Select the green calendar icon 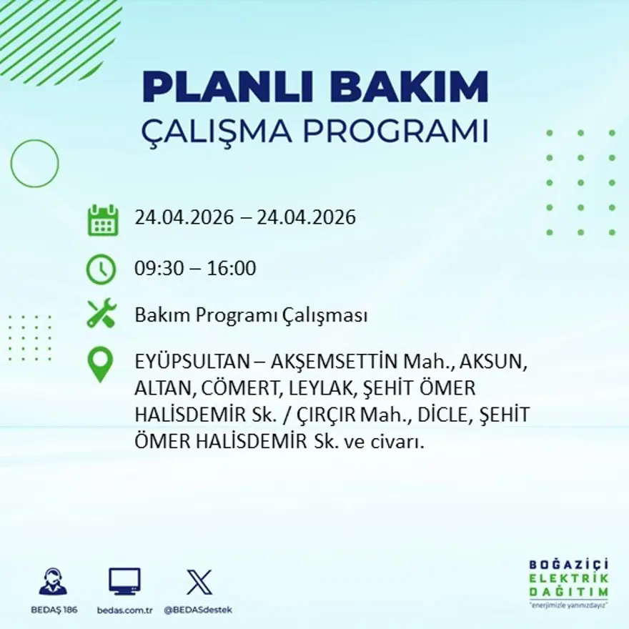point(103,220)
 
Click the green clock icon point(101,269)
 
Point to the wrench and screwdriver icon point(101,314)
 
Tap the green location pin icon point(100,364)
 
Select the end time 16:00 point(232,269)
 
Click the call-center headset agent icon point(53,582)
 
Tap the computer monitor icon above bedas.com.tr point(124,581)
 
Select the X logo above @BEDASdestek point(199,582)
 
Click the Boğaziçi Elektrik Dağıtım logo point(569,583)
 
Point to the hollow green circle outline point(34,164)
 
